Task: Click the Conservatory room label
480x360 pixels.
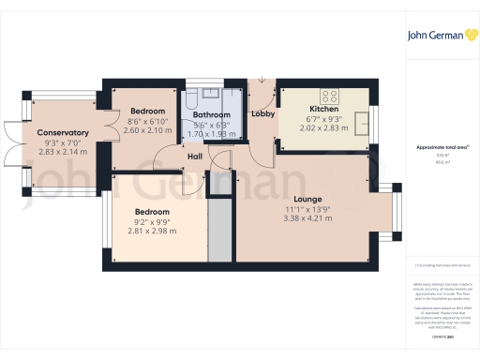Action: [x=63, y=132]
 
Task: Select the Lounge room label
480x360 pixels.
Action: [x=308, y=199]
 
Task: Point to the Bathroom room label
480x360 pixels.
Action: [x=211, y=115]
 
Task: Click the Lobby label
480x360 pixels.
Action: [x=262, y=113]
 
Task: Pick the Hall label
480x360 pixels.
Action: [x=196, y=157]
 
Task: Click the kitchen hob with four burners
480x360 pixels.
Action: [x=330, y=95]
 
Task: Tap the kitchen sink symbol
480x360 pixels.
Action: [x=359, y=122]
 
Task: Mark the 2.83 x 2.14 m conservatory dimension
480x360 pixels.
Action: [x=63, y=151]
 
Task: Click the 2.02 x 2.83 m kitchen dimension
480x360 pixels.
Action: [x=322, y=129]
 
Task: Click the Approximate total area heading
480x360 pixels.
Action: [x=442, y=148]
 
